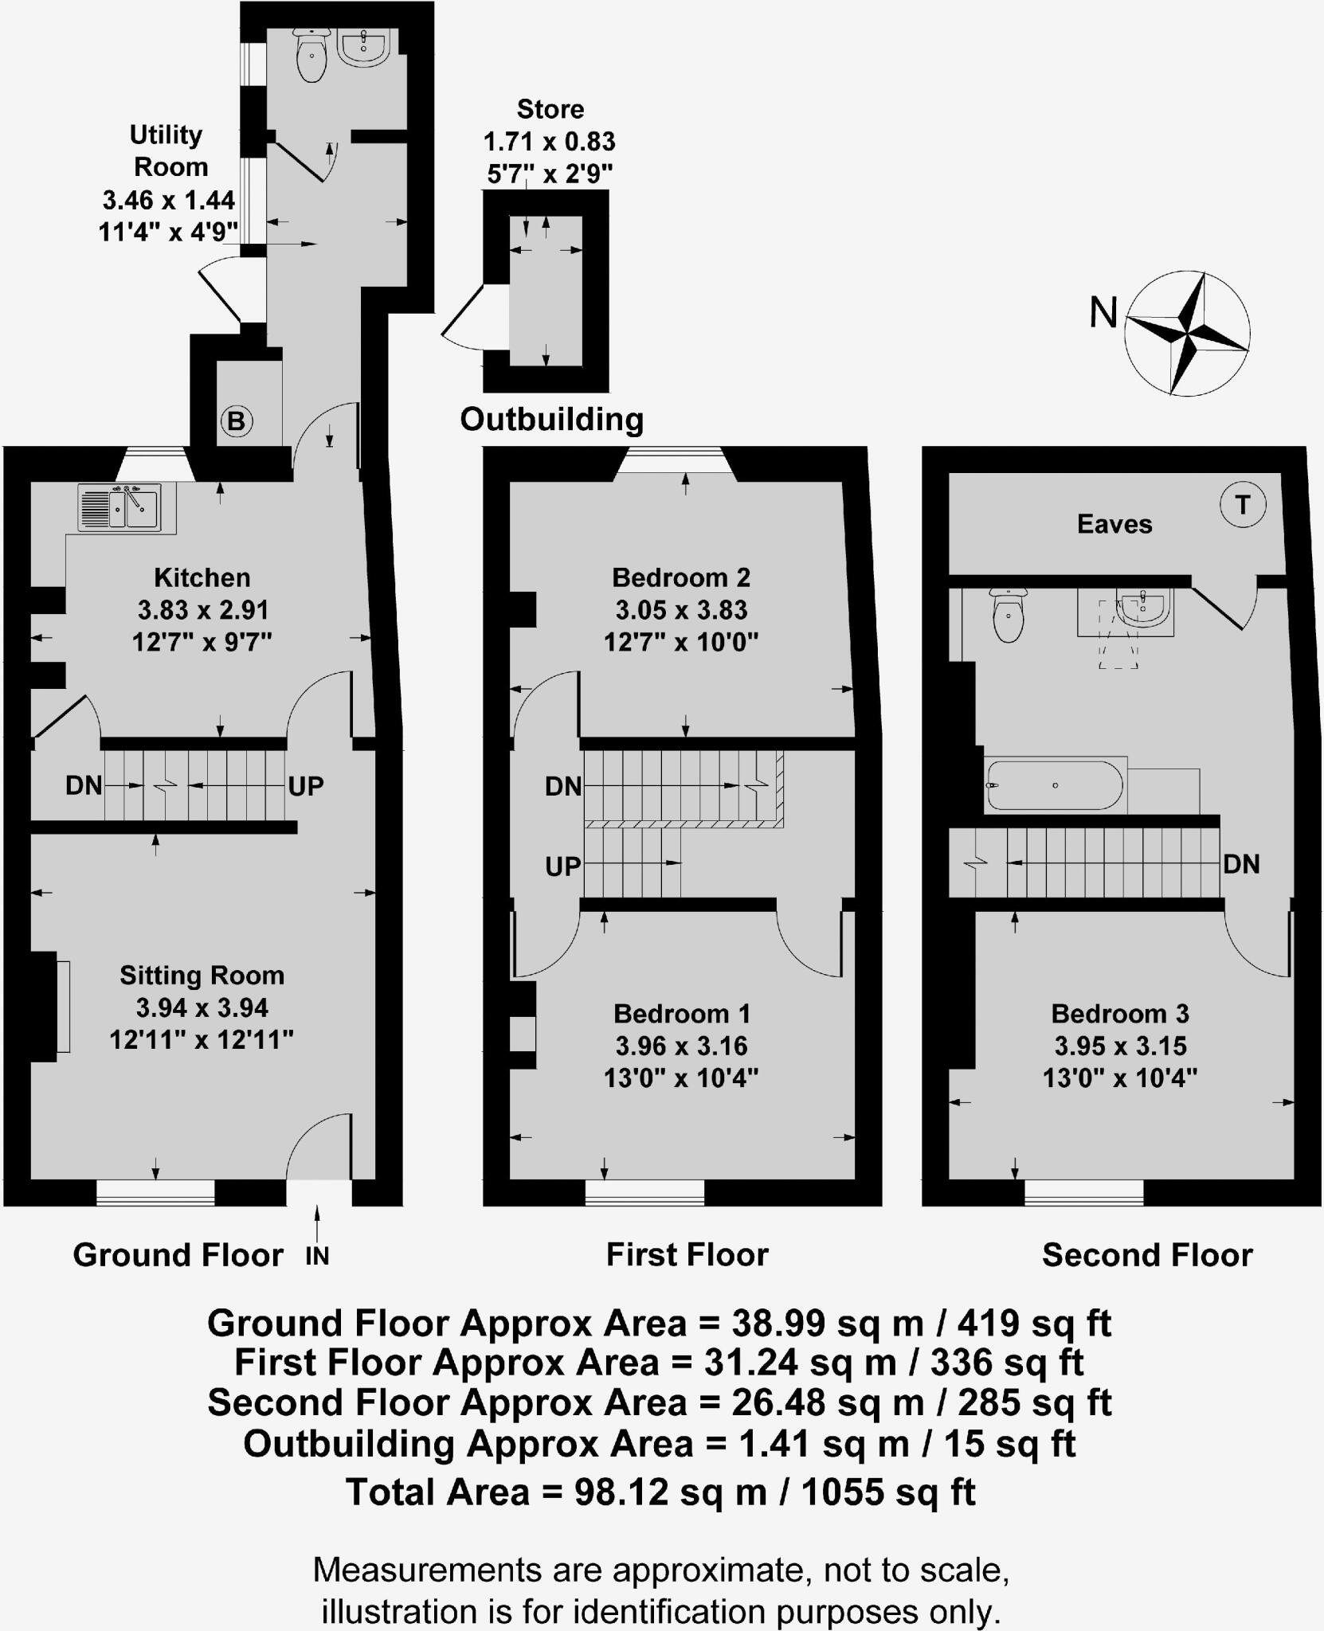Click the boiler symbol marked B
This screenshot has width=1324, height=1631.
[x=237, y=420]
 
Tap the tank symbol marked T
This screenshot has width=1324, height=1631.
[x=1242, y=504]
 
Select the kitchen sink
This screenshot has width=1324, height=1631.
[x=119, y=507]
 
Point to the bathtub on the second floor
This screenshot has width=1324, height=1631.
[x=1054, y=785]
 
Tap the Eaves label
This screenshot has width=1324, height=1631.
[x=1114, y=524]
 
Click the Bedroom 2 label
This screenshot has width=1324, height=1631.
[x=681, y=577]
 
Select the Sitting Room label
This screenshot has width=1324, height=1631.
[x=202, y=975]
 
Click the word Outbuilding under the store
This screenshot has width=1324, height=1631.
[x=551, y=420]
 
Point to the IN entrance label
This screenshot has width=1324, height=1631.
[x=317, y=1256]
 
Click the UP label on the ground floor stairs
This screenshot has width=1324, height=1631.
[x=306, y=786]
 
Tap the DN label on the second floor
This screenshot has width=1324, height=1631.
[x=1241, y=864]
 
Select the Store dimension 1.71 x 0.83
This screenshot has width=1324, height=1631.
[x=550, y=142]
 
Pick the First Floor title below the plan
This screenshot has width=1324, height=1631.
[x=687, y=1255]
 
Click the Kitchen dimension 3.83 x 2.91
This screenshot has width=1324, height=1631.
[x=203, y=610]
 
